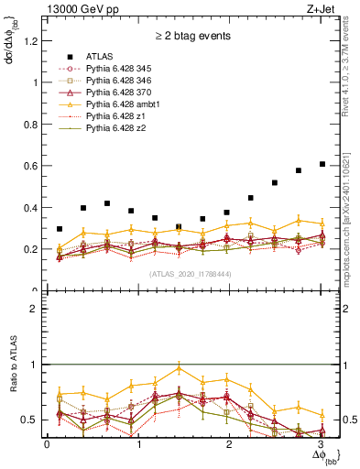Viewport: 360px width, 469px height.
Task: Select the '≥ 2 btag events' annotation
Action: pyautogui.click(x=191, y=38)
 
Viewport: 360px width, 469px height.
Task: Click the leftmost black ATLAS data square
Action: pyautogui.click(x=60, y=229)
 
